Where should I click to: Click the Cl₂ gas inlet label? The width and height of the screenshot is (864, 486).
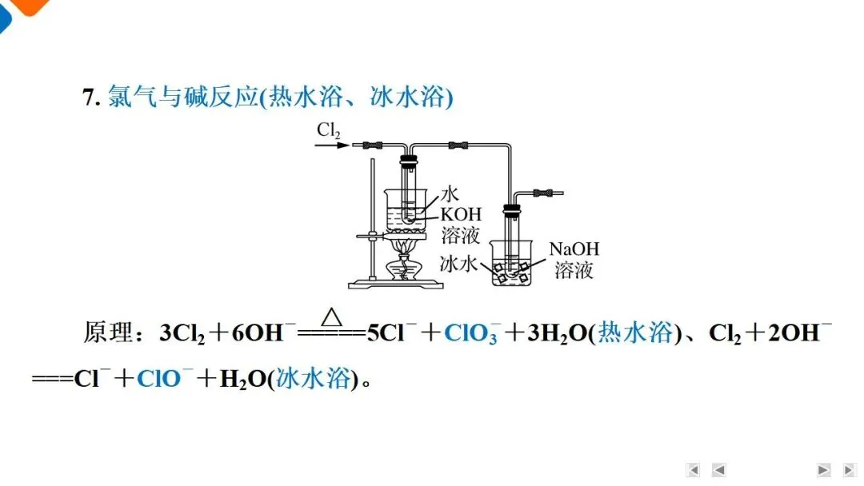[329, 130]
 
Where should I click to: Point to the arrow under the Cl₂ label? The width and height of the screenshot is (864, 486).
[332, 145]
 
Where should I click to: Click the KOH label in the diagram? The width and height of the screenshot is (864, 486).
[462, 214]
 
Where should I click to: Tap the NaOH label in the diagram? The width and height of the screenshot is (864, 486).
[574, 249]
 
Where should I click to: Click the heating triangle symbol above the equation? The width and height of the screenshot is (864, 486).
[332, 317]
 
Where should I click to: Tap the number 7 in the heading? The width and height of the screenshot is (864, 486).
[89, 98]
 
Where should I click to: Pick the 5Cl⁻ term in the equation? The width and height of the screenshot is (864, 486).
[390, 333]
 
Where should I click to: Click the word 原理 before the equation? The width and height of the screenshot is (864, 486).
[109, 333]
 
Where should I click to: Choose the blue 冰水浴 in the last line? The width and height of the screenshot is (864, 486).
[313, 378]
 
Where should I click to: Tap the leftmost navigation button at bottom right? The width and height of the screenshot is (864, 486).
[694, 470]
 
